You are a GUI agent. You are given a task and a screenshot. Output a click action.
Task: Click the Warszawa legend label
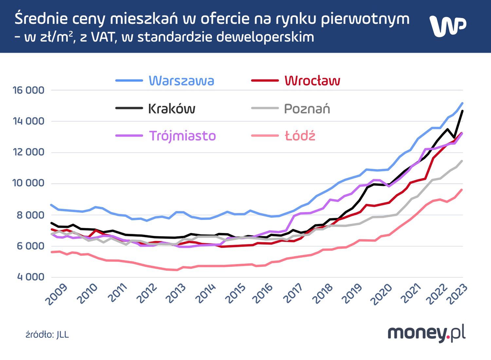click(181, 81)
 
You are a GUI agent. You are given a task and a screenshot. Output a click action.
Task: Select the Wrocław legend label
click(312, 81)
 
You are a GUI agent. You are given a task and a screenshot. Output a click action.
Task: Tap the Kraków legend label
click(172, 109)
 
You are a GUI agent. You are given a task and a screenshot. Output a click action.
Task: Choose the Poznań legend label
click(307, 109)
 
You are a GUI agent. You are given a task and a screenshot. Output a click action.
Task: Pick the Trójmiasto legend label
click(182, 136)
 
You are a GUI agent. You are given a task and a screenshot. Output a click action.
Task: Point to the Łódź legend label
click(300, 136)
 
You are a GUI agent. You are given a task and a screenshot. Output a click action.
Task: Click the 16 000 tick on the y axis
click(28, 90)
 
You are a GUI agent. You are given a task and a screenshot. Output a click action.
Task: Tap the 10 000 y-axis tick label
click(28, 183)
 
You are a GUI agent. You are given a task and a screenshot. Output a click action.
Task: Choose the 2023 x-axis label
click(457, 294)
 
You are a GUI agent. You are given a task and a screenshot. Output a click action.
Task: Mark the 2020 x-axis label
click(382, 294)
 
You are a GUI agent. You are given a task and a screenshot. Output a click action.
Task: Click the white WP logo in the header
click(447, 26)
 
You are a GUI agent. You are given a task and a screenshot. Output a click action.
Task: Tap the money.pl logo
click(427, 333)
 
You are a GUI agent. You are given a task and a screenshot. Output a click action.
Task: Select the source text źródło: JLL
click(47, 335)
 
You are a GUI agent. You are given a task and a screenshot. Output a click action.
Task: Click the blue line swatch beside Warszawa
click(129, 81)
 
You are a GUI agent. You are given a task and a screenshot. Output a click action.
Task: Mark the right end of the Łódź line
click(462, 190)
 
